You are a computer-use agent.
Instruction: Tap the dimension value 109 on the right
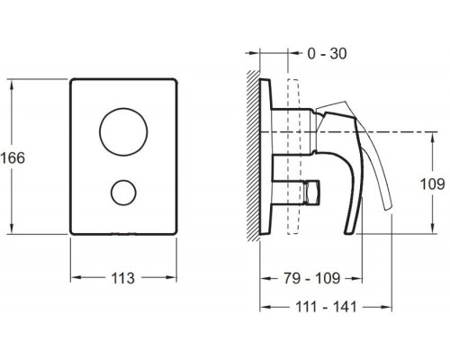[433, 184]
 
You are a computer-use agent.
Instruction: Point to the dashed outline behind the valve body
[290, 157]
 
